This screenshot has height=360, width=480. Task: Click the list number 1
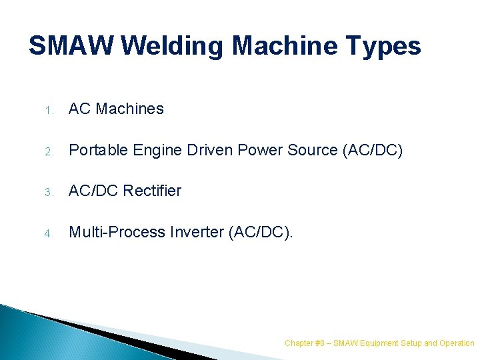click(x=49, y=110)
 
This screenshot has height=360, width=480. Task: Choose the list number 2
click(x=49, y=151)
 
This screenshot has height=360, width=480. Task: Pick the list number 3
click(x=49, y=192)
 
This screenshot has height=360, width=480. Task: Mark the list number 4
click(x=49, y=233)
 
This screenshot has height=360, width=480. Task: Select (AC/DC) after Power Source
click(x=373, y=150)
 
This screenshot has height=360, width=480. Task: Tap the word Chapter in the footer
click(x=298, y=343)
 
